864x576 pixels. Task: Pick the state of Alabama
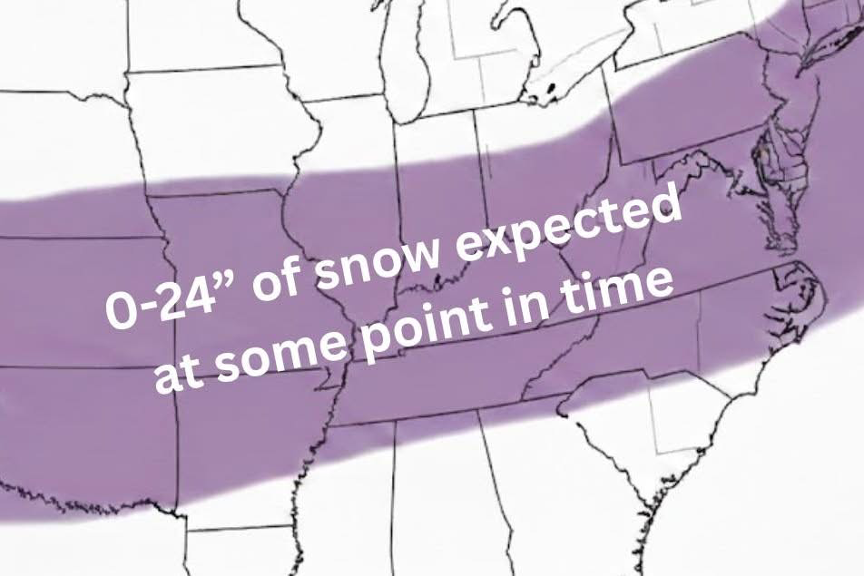(436, 490)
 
